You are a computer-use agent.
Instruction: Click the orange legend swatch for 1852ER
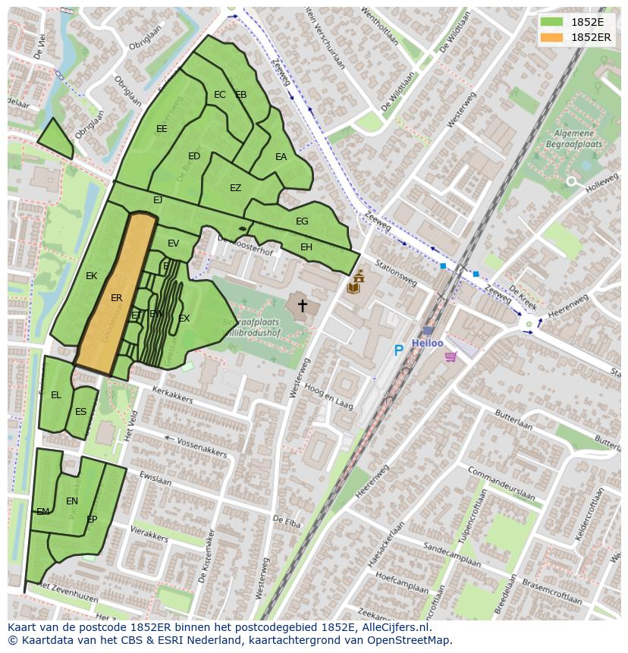(x=552, y=37)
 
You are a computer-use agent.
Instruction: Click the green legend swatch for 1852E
(x=552, y=22)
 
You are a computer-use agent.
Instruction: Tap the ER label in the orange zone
(x=116, y=298)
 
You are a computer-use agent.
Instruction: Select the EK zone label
(x=92, y=276)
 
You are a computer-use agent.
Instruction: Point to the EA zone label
(x=281, y=157)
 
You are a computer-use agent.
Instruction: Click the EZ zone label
(x=235, y=188)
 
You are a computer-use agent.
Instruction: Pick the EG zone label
(x=302, y=221)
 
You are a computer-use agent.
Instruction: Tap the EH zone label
(x=306, y=247)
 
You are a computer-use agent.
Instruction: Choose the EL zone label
(x=56, y=395)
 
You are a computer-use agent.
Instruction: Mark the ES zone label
(x=80, y=412)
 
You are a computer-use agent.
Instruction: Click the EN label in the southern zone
(x=72, y=501)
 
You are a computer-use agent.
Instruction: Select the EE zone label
(x=162, y=129)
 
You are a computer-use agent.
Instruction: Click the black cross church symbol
(x=302, y=306)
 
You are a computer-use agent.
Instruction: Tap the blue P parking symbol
(x=398, y=350)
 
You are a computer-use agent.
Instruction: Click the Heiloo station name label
(x=427, y=344)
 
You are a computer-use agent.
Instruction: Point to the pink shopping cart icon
(x=451, y=356)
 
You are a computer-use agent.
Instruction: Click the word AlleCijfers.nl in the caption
(x=394, y=627)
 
